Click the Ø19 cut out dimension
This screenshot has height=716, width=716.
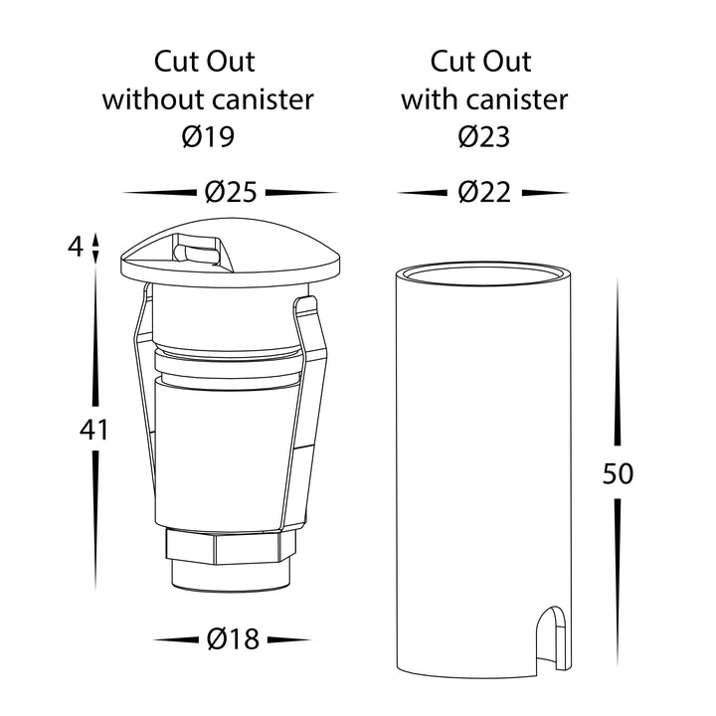(208, 136)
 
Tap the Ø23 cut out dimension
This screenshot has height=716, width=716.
(484, 136)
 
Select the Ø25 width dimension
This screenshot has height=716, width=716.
(231, 192)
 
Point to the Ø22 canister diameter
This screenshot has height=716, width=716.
(484, 192)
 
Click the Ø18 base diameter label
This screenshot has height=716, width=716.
(233, 638)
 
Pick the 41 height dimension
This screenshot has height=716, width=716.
(94, 430)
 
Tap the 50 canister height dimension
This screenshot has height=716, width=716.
(618, 473)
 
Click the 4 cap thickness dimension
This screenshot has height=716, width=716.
(76, 247)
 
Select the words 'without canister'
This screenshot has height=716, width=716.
(208, 99)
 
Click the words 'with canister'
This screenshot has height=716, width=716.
(484, 99)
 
